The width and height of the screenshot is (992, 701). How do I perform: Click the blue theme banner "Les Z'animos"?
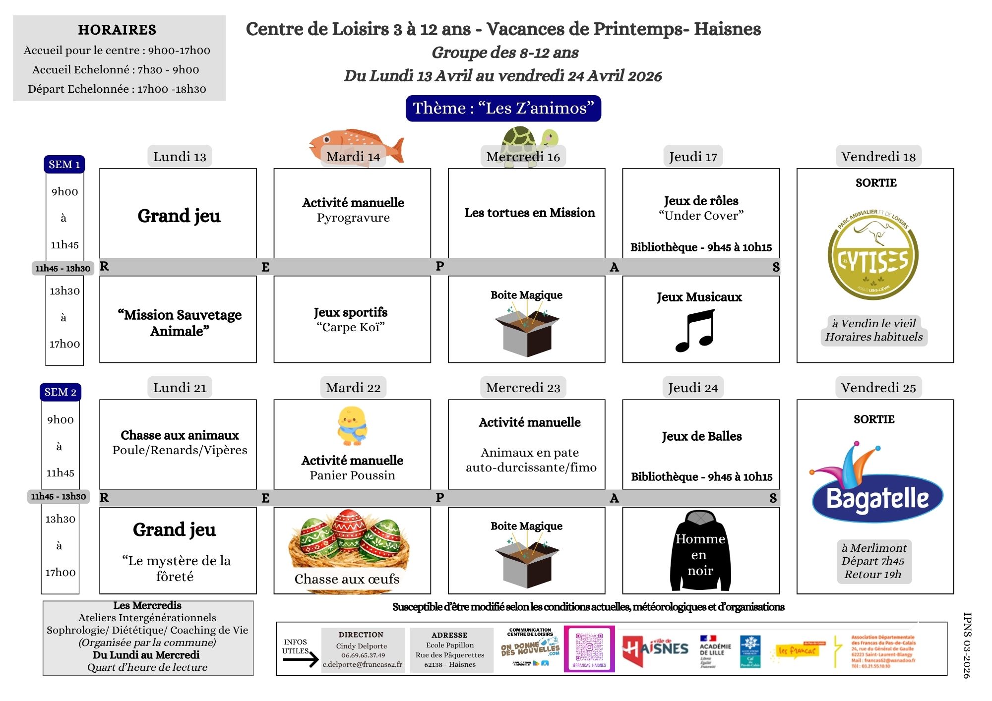(x=503, y=108)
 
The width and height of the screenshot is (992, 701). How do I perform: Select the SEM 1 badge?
(x=64, y=164)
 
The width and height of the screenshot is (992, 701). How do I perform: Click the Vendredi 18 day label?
(x=878, y=157)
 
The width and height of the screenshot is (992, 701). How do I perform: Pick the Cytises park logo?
(x=873, y=254)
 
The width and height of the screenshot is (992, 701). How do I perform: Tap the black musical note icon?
(x=696, y=331)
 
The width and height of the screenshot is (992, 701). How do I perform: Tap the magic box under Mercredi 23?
(x=527, y=562)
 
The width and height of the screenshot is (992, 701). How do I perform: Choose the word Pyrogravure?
(x=353, y=218)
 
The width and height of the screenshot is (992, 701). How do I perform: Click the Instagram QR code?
(x=589, y=648)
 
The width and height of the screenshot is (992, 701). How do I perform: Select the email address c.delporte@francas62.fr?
(x=363, y=664)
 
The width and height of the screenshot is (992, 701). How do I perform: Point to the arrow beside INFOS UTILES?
(x=301, y=659)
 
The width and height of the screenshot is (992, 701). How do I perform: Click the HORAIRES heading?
(x=117, y=30)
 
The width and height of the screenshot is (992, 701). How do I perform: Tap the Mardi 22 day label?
(x=353, y=388)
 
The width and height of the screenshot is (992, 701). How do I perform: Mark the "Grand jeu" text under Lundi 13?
(x=179, y=216)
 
